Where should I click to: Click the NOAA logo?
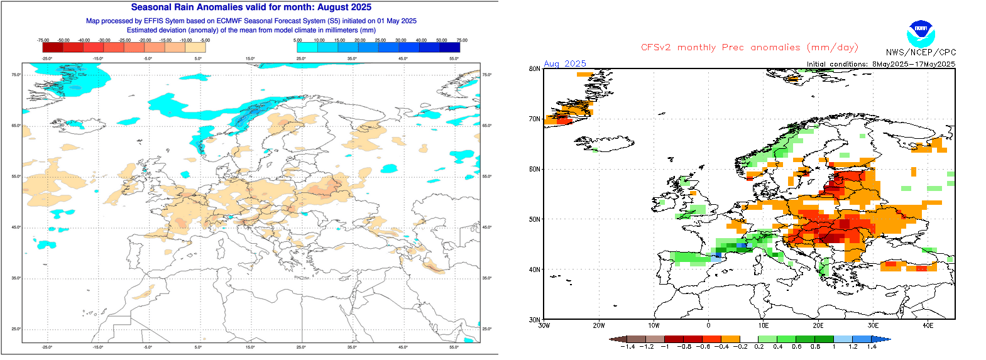[921, 32]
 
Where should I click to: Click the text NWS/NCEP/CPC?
[921, 53]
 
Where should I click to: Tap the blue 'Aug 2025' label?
[565, 63]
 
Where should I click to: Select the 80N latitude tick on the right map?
[535, 69]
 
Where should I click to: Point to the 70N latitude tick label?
[535, 119]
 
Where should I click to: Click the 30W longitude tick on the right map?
[544, 325]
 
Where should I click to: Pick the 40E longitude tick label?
[928, 325]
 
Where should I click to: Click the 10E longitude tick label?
[763, 325]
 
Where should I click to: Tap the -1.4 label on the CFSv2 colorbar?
[628, 346]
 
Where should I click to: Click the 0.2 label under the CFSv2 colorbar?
[759, 346]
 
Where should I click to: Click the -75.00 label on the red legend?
[43, 40]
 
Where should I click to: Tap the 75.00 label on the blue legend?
[462, 40]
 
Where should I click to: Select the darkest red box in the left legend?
[53, 47]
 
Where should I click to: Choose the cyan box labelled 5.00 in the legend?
[307, 47]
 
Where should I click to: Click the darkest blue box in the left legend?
[449, 47]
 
